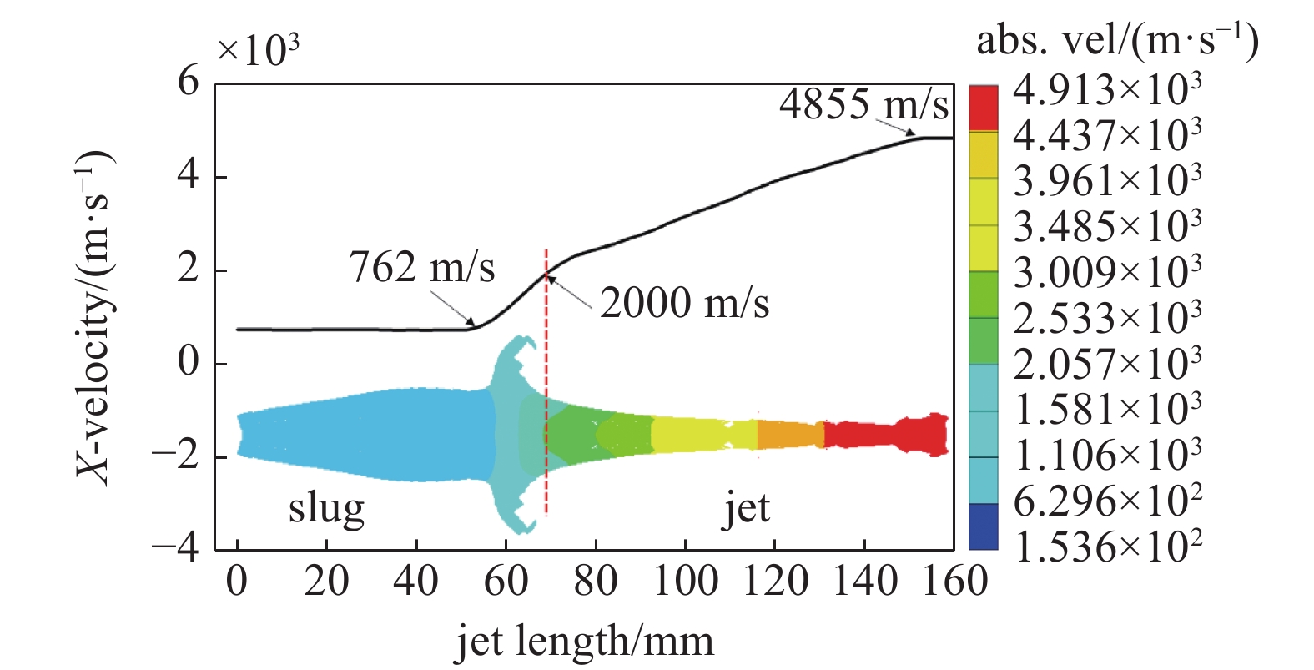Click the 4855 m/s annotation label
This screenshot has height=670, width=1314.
pos(863,104)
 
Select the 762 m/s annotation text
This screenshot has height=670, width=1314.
pos(421,268)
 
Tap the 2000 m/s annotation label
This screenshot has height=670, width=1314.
pos(684,303)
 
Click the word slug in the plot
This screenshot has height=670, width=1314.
pos(326,508)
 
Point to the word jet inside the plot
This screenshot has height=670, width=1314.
pos(745,508)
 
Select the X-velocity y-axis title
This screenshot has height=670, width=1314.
pos(93,317)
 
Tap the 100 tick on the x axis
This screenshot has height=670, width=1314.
pos(685,581)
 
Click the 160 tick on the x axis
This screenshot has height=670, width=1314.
pos(954,581)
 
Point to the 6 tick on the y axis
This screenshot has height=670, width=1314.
pos(189,83)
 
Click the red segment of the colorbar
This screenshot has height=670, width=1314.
pos(983,108)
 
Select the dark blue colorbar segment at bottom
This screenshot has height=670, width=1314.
pos(983,526)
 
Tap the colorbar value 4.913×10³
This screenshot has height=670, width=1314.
pos(1107,89)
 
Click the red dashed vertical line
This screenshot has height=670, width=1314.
pos(546,384)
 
